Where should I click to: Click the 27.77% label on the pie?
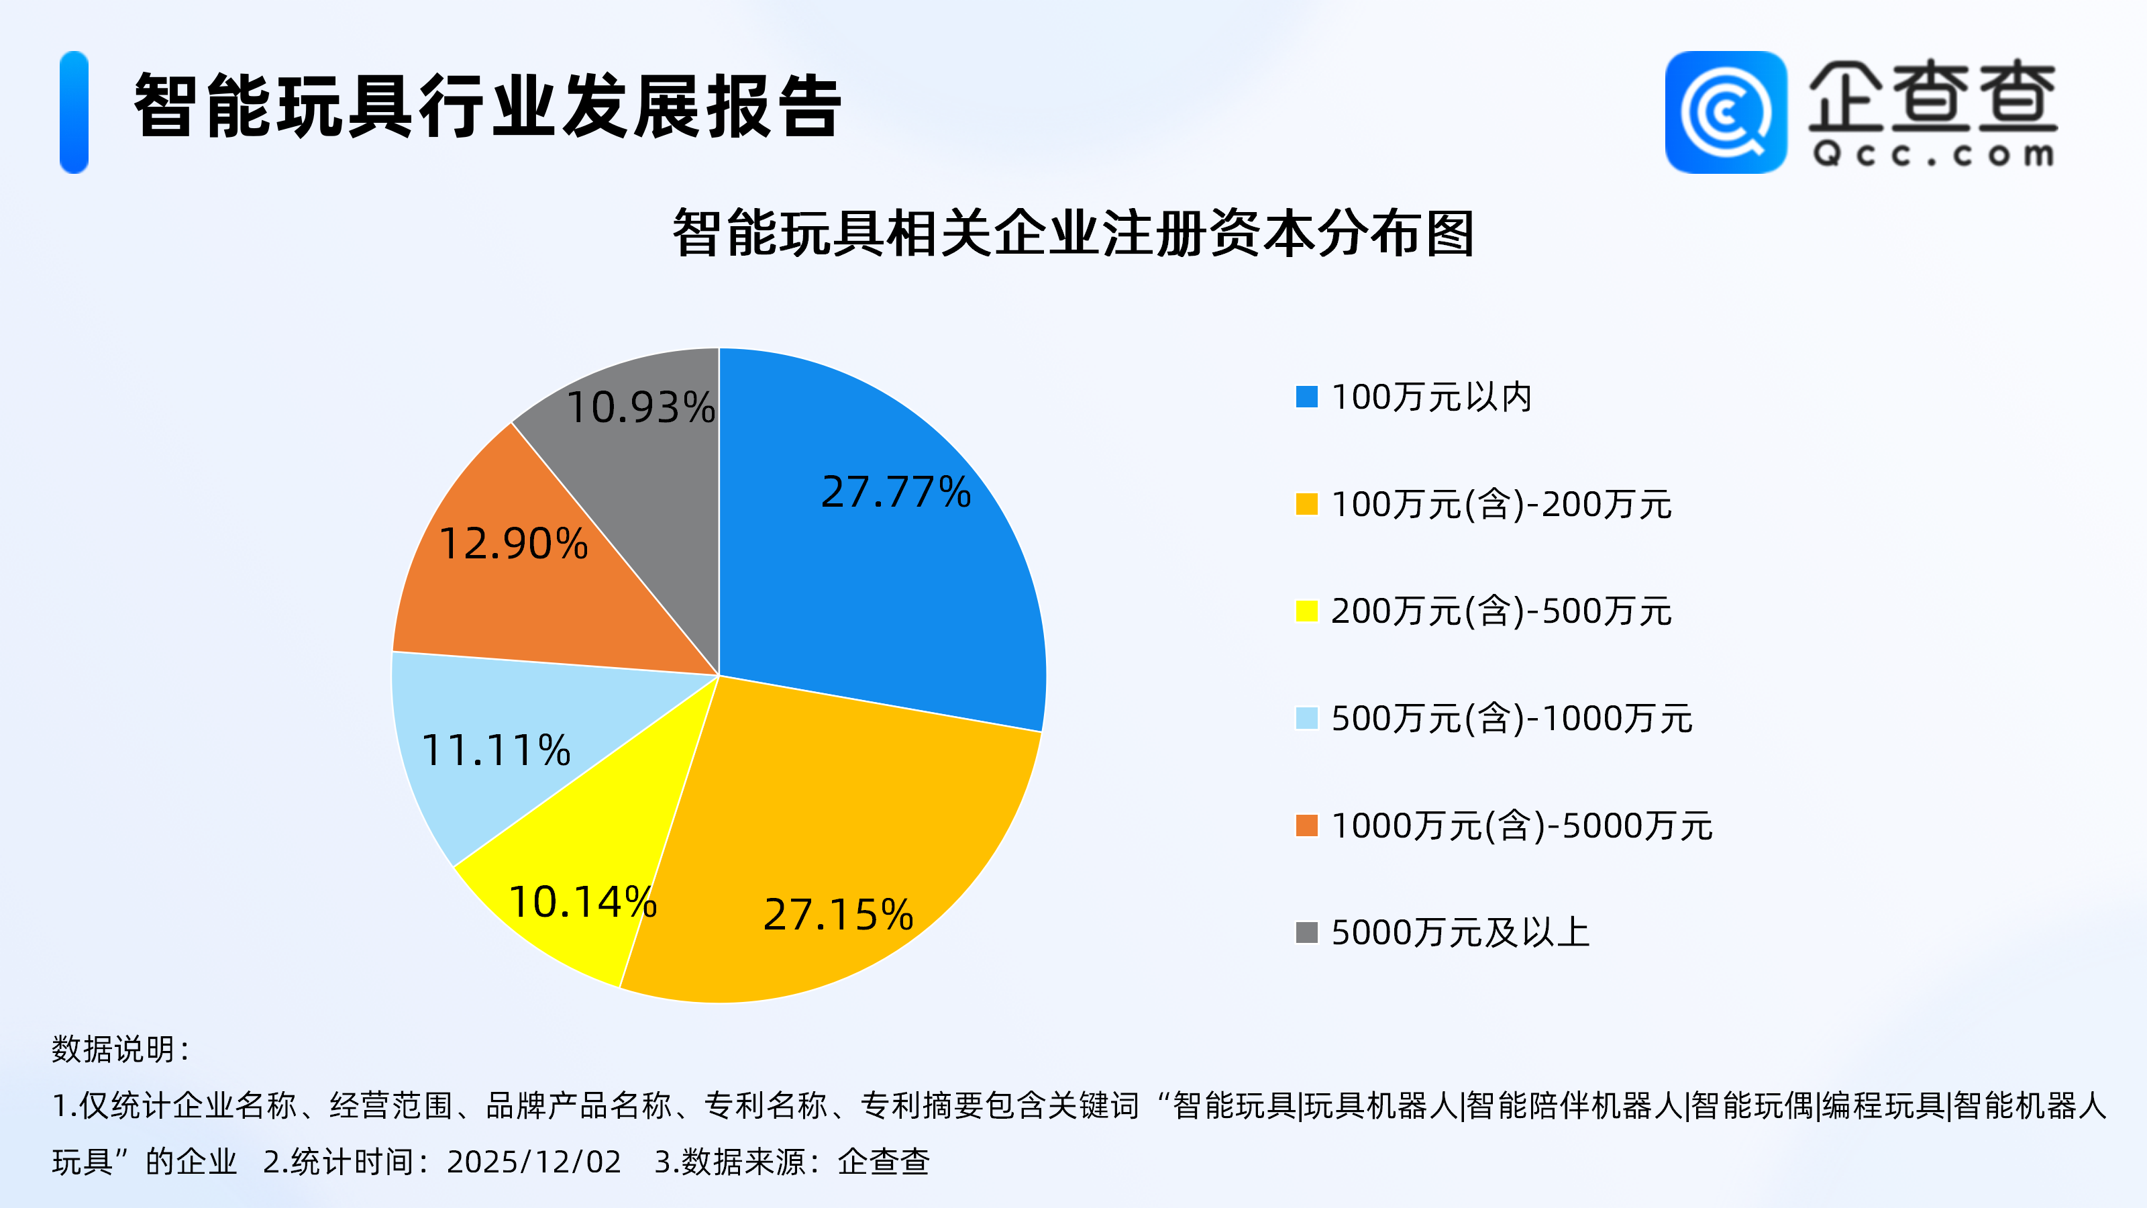[896, 492]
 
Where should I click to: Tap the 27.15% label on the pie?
[839, 915]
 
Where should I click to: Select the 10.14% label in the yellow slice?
[582, 902]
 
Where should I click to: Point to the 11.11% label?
[496, 750]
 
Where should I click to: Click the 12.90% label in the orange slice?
[513, 544]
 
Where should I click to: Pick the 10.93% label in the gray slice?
[640, 407]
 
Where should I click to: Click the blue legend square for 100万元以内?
[1307, 397]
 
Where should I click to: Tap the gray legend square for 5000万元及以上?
[1307, 932]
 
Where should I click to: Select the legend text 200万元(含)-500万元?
[1501, 611]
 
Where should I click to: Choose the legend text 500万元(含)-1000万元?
[1512, 719]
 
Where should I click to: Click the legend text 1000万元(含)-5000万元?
[1522, 826]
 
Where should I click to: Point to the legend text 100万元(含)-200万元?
[1501, 505]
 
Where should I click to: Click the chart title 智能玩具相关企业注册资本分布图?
[1073, 234]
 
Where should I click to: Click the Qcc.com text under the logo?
[1933, 154]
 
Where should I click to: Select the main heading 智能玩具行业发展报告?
[488, 106]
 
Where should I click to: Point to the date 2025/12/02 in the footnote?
[534, 1161]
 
